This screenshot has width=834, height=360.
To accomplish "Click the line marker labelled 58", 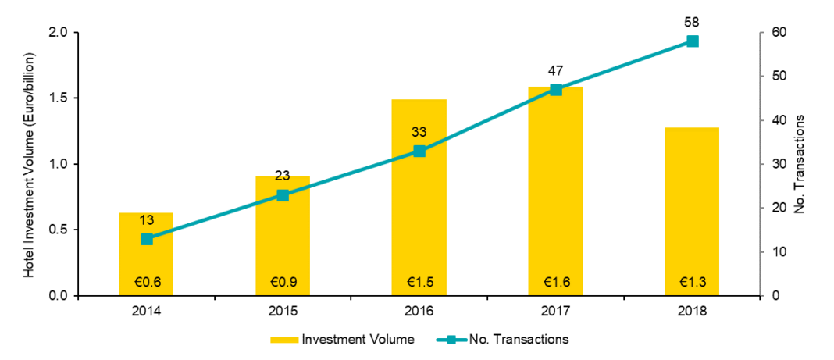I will [x=692, y=41].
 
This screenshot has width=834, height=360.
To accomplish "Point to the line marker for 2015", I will [x=283, y=195].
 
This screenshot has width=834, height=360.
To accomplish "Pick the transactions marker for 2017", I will [x=556, y=89].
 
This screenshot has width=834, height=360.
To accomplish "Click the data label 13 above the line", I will [x=146, y=221].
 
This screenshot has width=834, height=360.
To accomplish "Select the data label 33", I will [x=419, y=133].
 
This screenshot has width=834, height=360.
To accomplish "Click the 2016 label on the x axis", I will [x=419, y=311].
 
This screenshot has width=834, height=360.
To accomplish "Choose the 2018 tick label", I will [x=692, y=311].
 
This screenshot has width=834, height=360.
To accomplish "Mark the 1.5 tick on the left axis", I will [x=59, y=98].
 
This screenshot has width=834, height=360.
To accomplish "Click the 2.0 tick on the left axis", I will [x=59, y=33].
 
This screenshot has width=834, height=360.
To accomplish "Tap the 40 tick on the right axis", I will [x=779, y=120].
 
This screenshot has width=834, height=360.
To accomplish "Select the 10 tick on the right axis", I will [x=779, y=252].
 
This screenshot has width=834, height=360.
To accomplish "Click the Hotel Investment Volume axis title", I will [x=29, y=165].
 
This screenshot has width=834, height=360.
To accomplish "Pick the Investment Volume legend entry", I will [x=341, y=340].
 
